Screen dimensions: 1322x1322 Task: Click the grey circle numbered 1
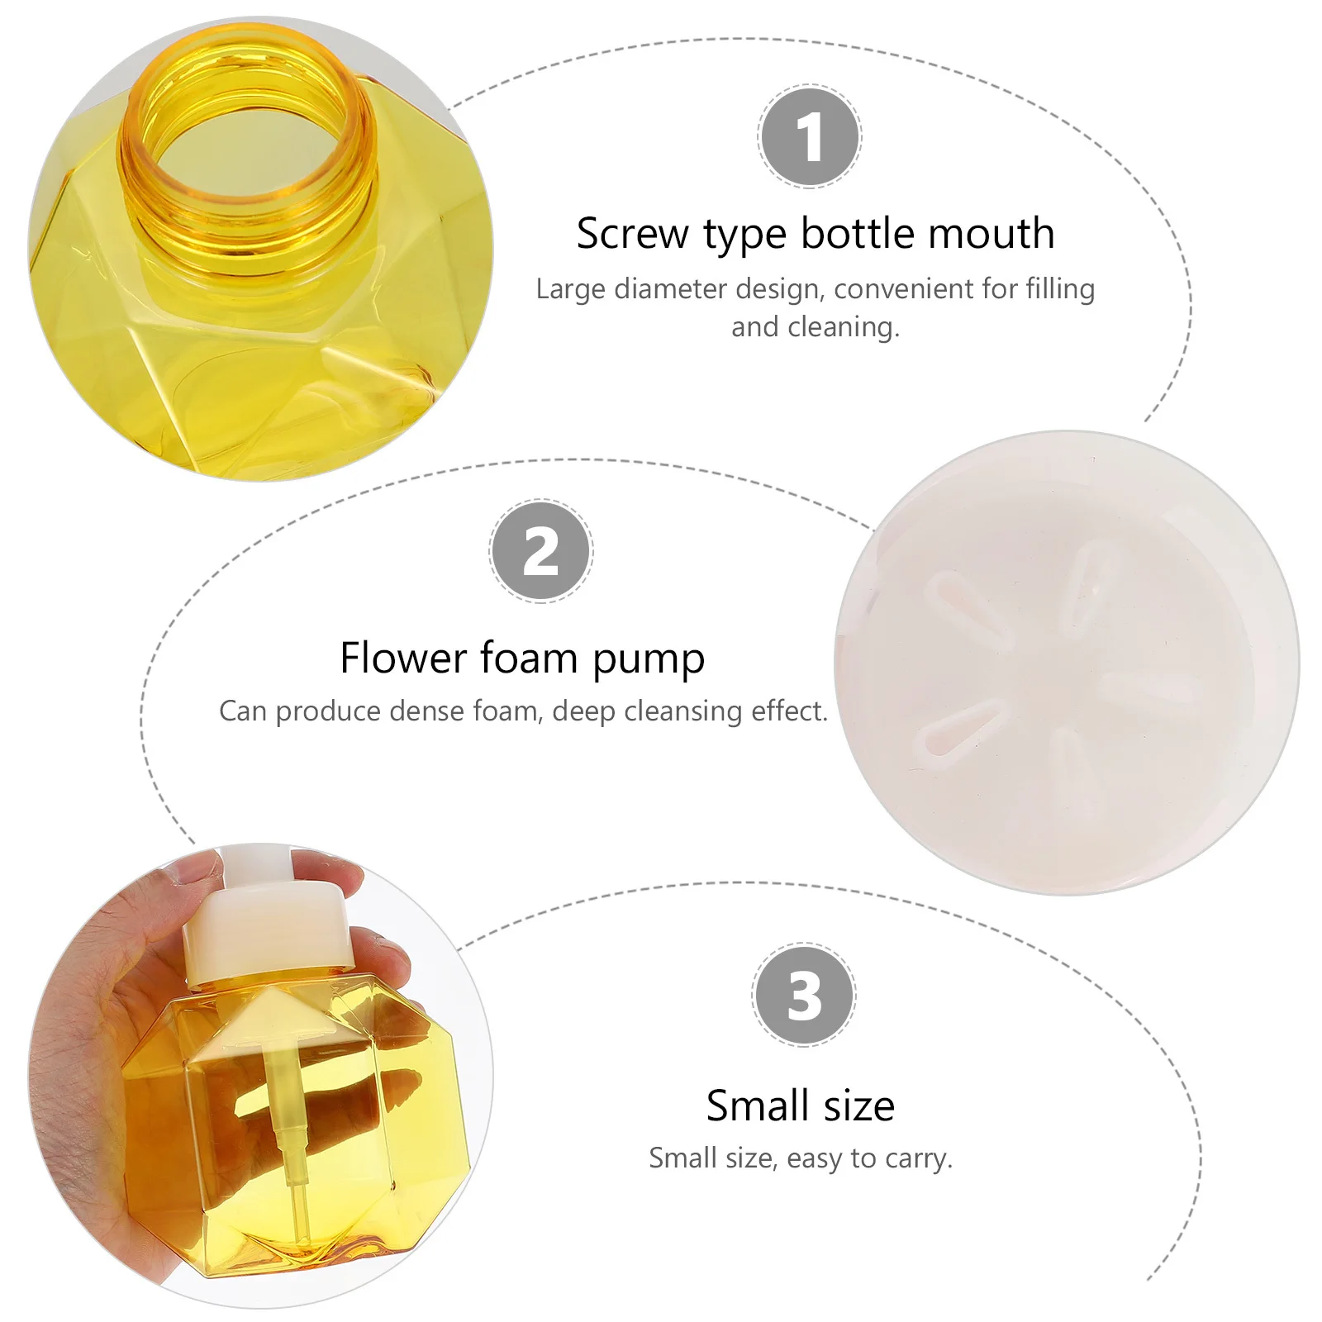coord(810,136)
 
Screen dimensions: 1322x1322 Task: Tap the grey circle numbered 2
coord(541,551)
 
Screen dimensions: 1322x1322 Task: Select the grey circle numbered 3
coord(804,994)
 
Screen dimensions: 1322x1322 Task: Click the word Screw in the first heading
coord(632,234)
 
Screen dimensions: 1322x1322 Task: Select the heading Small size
coord(800,1106)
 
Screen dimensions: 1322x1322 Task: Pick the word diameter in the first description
coord(671,289)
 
